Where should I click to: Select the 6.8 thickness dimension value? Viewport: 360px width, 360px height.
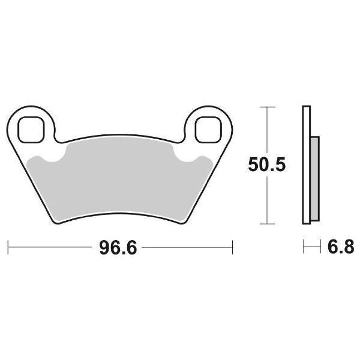coord(341,247)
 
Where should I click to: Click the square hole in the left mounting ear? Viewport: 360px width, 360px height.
coord(30,127)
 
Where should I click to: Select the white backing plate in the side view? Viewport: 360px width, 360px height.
coord(307,168)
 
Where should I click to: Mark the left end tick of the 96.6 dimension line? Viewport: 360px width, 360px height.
coord(8,247)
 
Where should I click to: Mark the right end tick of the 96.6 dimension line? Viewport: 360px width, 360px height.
coord(232,247)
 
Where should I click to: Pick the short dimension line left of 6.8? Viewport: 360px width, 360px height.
coord(311,247)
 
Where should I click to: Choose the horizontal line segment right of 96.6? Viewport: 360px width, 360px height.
coord(186,247)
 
